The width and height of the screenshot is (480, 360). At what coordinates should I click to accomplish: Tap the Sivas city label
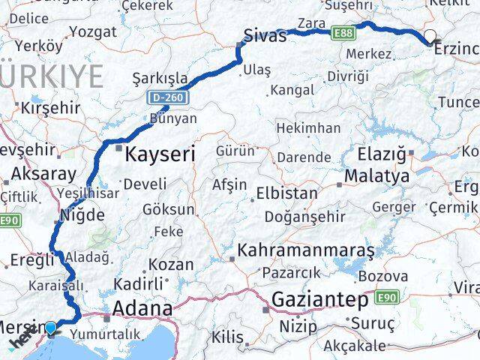click(265, 35)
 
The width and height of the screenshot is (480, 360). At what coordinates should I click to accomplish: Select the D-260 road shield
click(167, 97)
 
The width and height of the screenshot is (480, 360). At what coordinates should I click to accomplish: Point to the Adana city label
click(142, 308)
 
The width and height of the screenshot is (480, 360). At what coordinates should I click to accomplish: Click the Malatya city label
click(377, 177)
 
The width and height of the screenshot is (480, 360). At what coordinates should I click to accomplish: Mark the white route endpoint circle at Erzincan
click(430, 34)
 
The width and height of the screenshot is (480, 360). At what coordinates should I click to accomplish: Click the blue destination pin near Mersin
click(50, 327)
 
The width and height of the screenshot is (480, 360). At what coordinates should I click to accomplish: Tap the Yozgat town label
click(93, 32)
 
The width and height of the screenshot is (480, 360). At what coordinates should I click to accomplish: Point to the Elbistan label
click(286, 193)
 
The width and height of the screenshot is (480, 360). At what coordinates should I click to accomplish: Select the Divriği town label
click(348, 76)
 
